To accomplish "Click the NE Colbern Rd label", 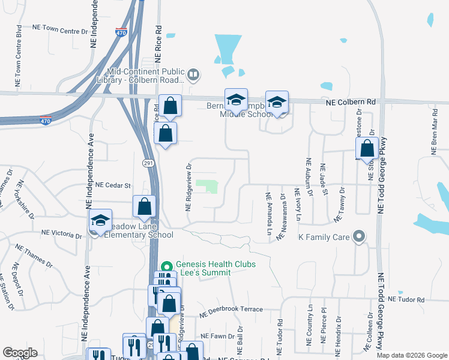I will [x=351, y=103].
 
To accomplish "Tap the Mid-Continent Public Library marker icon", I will [x=193, y=75].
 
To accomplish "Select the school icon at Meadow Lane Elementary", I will [x=101, y=220].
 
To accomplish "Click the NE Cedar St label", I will [x=113, y=185].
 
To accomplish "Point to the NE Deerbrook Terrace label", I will [x=231, y=310].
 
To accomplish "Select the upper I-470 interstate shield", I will [x=121, y=34].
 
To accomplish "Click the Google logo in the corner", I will [x=20, y=353].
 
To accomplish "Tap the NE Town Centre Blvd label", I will [x=19, y=55].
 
